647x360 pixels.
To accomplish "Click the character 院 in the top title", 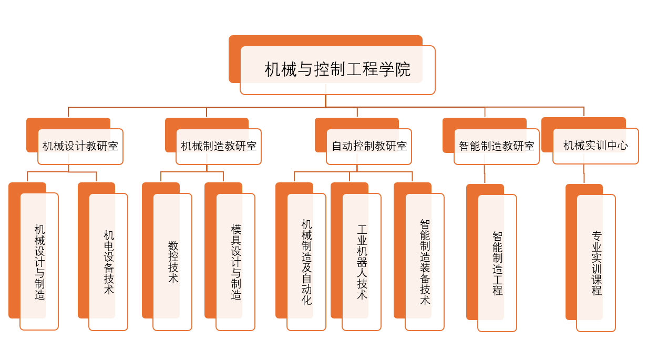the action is point(403,69).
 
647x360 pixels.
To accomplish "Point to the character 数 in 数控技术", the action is point(173,246).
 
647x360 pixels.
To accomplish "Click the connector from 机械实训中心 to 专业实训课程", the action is point(584,173).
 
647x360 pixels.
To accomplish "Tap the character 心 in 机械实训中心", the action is point(623,146).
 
